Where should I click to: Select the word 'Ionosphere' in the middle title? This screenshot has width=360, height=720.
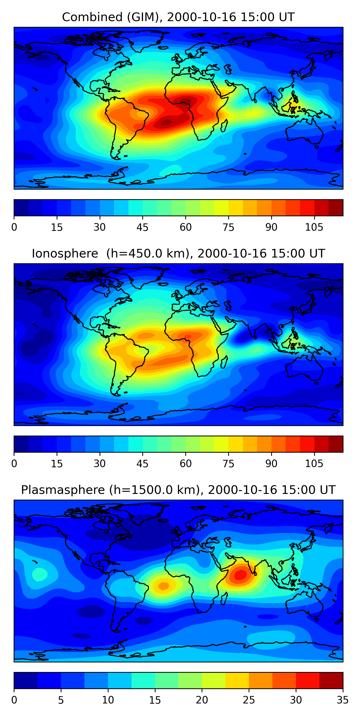tap(65, 254)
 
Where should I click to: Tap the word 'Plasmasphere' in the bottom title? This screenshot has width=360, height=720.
tap(63, 490)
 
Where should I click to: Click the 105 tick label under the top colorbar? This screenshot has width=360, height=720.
tap(314, 228)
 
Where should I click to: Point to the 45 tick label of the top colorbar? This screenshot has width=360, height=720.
tap(142, 228)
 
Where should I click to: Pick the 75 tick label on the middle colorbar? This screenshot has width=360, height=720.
tap(228, 464)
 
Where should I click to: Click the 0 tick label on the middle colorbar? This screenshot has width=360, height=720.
tap(14, 464)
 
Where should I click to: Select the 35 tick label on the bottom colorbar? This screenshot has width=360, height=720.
tap(342, 700)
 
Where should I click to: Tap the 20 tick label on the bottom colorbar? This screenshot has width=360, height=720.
tap(202, 700)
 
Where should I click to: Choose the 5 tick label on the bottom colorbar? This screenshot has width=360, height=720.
tap(61, 700)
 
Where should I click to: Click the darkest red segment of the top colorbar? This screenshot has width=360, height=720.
tap(336, 208)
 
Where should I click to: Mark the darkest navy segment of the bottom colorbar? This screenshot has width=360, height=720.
tap(26, 680)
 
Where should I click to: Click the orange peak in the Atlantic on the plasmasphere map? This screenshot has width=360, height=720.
tap(163, 586)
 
